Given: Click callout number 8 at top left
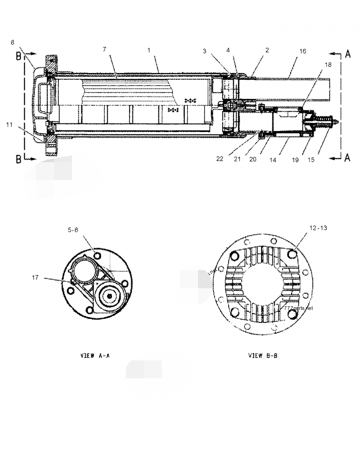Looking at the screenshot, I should [x=13, y=42].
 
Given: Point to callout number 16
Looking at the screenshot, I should [x=303, y=51].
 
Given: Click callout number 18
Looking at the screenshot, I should [x=327, y=64].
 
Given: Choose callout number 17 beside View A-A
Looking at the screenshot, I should [x=36, y=278].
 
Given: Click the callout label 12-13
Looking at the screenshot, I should [x=318, y=228].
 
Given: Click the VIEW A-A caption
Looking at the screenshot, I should [x=94, y=355].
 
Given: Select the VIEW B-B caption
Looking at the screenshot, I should [x=263, y=355].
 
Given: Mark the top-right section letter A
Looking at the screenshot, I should [x=347, y=54].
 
